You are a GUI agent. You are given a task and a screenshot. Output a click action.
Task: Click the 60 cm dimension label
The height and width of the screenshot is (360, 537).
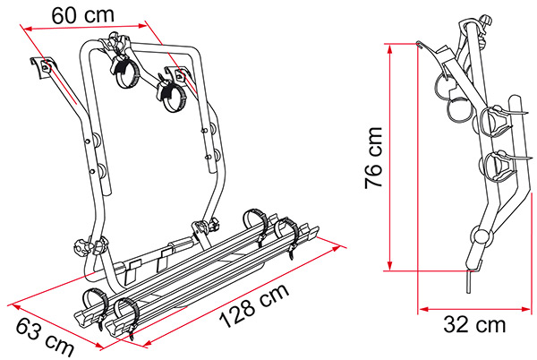(82, 15)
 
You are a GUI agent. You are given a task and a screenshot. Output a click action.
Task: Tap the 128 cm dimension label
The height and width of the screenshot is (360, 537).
(254, 305)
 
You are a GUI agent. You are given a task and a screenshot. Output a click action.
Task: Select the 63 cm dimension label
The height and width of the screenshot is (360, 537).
(45, 337)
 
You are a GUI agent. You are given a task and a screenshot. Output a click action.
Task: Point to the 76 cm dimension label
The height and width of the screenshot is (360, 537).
(373, 158)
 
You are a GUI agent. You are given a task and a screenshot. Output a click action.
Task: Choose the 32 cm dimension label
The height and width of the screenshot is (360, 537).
(474, 324)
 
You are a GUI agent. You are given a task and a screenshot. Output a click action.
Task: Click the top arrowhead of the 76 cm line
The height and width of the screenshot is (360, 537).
(389, 49)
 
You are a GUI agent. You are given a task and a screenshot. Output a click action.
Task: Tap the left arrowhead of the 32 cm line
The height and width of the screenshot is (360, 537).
(424, 309)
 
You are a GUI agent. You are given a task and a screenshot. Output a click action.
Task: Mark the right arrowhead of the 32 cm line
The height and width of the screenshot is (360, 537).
(525, 309)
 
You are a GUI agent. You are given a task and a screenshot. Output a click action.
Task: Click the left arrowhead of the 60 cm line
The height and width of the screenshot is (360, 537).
(28, 30)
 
